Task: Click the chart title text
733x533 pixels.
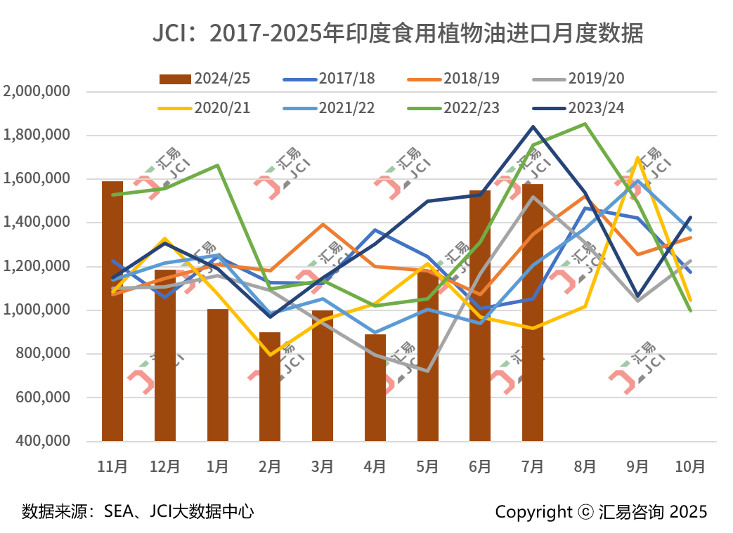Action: (398, 33)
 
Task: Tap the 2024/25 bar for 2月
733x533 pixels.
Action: (270, 386)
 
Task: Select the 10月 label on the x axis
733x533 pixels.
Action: (690, 466)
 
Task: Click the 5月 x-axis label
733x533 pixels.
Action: (427, 466)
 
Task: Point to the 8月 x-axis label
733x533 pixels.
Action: (585, 466)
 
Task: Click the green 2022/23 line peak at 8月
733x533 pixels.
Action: (585, 124)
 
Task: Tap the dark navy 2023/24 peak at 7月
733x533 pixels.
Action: (533, 127)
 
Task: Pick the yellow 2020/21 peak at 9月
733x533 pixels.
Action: (637, 158)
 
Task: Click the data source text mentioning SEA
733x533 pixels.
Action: (138, 511)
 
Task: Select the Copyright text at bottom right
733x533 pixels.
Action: (601, 511)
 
